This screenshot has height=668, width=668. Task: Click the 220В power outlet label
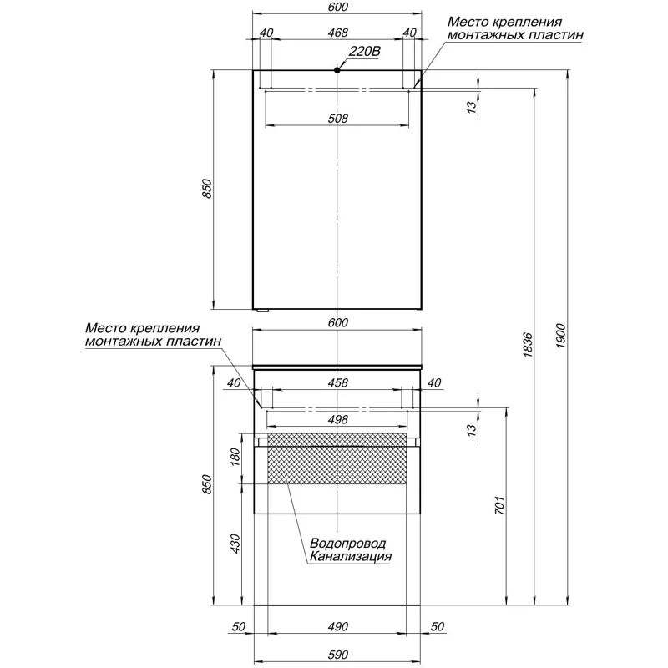[364, 52]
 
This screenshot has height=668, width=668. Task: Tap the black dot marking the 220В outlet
[337, 70]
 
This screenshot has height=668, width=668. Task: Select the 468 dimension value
[337, 33]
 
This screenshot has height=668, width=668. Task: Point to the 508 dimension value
[337, 118]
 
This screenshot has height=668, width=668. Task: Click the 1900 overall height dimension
[560, 336]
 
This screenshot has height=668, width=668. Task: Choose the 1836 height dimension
[528, 344]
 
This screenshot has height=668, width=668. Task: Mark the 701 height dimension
[499, 505]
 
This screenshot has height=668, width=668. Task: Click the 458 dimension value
[337, 382]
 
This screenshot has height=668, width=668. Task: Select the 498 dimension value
[337, 420]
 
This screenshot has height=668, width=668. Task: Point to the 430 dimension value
[235, 544]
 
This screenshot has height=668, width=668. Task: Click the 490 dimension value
[337, 627]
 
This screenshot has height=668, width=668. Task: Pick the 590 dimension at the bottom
[337, 655]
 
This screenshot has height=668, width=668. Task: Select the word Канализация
[350, 556]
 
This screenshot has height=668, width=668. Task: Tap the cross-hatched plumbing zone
[337, 458]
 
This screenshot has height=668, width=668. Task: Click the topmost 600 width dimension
[337, 7]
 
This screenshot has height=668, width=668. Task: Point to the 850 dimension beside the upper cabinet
[206, 189]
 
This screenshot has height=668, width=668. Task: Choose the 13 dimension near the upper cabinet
[471, 107]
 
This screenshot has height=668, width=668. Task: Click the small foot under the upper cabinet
[261, 311]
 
